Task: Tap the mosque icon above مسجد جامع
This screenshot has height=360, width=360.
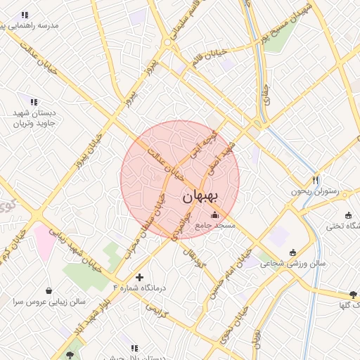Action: pos(214,214)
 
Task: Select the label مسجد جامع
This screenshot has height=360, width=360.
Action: pos(215,226)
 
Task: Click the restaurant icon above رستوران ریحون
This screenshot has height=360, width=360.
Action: pos(316,180)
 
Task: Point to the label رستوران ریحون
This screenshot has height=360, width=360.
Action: pos(314,191)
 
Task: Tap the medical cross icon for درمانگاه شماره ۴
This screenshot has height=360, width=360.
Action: pos(139,277)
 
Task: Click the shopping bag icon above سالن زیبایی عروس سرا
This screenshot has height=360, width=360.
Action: pos(49,290)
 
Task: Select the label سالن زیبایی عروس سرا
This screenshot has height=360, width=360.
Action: pos(49,302)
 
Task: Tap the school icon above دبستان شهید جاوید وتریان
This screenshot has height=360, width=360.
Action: pos(34,103)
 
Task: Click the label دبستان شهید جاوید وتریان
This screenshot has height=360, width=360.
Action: pos(33,118)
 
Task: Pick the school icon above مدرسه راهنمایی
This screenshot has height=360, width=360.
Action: pos(25,15)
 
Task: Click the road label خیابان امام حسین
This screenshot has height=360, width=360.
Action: pos(230,274)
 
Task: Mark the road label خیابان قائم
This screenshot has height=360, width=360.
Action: pos(210,56)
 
